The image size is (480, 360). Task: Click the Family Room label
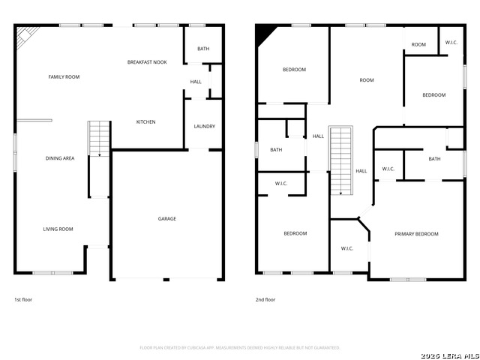tap(64, 76)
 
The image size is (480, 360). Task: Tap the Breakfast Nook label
tap(147, 62)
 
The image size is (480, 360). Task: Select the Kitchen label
tap(145, 121)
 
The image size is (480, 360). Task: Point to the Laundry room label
tap(204, 126)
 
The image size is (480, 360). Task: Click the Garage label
tap(166, 219)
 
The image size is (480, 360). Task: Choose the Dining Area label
tap(59, 158)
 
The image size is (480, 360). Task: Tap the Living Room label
tap(57, 229)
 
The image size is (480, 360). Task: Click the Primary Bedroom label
tap(416, 234)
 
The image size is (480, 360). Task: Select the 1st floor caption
tap(23, 299)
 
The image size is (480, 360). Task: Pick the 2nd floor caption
tap(265, 299)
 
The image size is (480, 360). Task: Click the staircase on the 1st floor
tap(99, 139)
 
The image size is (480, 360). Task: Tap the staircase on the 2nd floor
tap(341, 160)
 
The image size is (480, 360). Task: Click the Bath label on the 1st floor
tap(203, 49)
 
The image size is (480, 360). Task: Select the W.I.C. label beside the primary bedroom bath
tap(388, 169)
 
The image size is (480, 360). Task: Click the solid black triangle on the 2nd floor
tap(265, 34)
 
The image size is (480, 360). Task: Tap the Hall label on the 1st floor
tap(196, 82)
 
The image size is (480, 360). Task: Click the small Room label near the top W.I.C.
tap(418, 45)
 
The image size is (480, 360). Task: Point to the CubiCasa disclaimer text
tap(240, 348)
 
